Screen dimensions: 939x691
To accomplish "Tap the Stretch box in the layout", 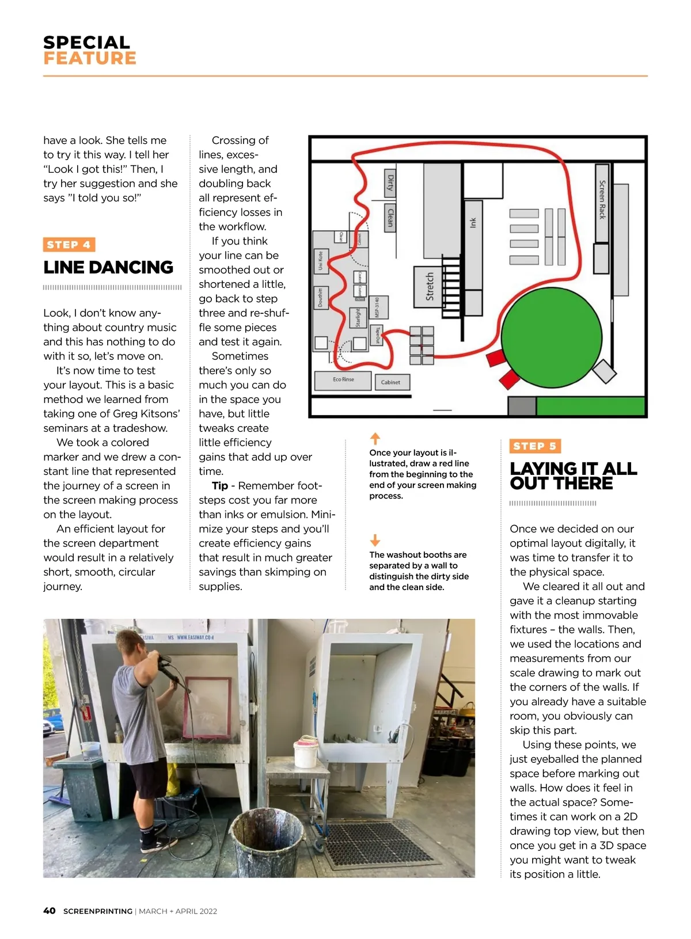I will [x=429, y=287].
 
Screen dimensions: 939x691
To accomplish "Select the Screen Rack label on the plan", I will [x=602, y=200].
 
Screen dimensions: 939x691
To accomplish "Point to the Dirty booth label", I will [x=390, y=184].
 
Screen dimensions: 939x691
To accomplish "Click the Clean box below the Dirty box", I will [x=390, y=217].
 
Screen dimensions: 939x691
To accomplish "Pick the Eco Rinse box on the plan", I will [x=343, y=380].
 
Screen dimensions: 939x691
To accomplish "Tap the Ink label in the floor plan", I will [x=473, y=223].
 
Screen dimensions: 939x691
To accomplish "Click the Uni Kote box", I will [x=321, y=261].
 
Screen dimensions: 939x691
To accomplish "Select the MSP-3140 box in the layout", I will [x=379, y=307].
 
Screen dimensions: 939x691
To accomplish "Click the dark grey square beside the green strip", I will [x=522, y=406].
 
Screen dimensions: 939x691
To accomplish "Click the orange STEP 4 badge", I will [x=69, y=245].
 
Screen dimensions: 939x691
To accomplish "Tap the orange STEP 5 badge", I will [x=535, y=446].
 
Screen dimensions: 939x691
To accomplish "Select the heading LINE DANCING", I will [x=108, y=268].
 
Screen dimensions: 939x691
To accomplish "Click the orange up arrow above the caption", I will [x=375, y=438].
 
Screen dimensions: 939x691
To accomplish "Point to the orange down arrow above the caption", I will [x=375, y=540].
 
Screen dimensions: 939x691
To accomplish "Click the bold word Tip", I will [x=220, y=486].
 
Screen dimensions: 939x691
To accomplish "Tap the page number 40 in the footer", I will [x=50, y=911].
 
